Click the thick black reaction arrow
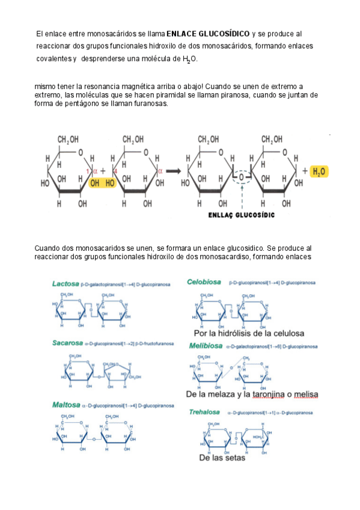pyautogui.click(x=174, y=171)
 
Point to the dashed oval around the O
pyautogui.click(x=240, y=179)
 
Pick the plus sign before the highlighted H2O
pyautogui.click(x=305, y=171)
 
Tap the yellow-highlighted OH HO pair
pyautogui.click(x=102, y=183)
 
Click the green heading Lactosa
pyautogui.click(x=66, y=283)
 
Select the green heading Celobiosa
pyautogui.click(x=204, y=281)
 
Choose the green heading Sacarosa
pyautogui.click(x=67, y=343)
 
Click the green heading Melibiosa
pyautogui.click(x=204, y=346)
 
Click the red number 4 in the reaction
pyautogui.click(x=114, y=171)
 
